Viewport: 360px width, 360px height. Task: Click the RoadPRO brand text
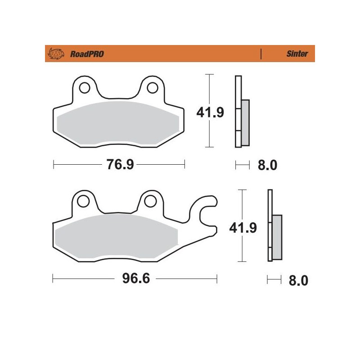tap(87, 54)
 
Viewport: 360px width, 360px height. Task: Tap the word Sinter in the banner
tap(297, 54)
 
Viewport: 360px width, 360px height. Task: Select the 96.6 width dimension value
tap(135, 279)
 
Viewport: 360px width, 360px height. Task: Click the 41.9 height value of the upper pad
tap(210, 112)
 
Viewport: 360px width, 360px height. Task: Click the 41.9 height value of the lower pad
tap(243, 228)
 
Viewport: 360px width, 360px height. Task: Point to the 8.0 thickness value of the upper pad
tap(267, 166)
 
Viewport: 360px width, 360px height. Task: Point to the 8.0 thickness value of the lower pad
tap(298, 281)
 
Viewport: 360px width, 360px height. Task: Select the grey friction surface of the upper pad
tap(119, 124)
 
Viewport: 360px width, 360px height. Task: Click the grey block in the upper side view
tap(245, 122)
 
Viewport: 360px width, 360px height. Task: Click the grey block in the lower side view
tap(278, 237)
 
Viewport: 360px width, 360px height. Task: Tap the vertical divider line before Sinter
tap(261, 54)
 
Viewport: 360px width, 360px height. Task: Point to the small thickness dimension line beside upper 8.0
tap(242, 166)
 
